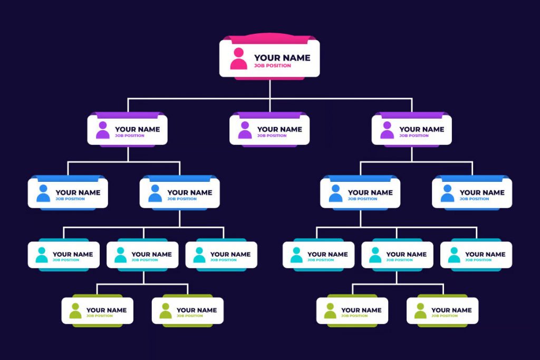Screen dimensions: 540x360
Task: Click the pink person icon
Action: point(239,59)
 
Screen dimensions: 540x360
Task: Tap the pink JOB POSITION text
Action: point(273,66)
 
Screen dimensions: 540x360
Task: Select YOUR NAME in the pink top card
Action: point(282,58)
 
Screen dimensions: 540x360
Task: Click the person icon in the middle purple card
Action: point(245,130)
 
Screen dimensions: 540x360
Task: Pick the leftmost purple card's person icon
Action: point(103,130)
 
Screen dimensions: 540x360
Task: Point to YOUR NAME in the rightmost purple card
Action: point(421,130)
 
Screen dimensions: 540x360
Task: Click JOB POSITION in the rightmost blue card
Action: point(474,199)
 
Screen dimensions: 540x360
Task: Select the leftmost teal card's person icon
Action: point(42,255)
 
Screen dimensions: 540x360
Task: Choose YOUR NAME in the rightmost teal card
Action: point(485,255)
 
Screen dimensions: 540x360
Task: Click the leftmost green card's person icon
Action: point(75,311)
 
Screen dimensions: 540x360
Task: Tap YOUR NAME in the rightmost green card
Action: point(451,310)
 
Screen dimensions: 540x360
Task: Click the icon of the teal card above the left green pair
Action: point(121,255)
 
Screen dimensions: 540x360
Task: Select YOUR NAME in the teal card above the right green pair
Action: point(407,255)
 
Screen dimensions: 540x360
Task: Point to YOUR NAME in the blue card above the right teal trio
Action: point(370,193)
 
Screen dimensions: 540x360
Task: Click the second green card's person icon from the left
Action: point(166,311)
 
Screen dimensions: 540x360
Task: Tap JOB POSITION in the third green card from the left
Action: point(354,316)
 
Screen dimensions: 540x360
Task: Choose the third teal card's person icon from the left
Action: point(199,255)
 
